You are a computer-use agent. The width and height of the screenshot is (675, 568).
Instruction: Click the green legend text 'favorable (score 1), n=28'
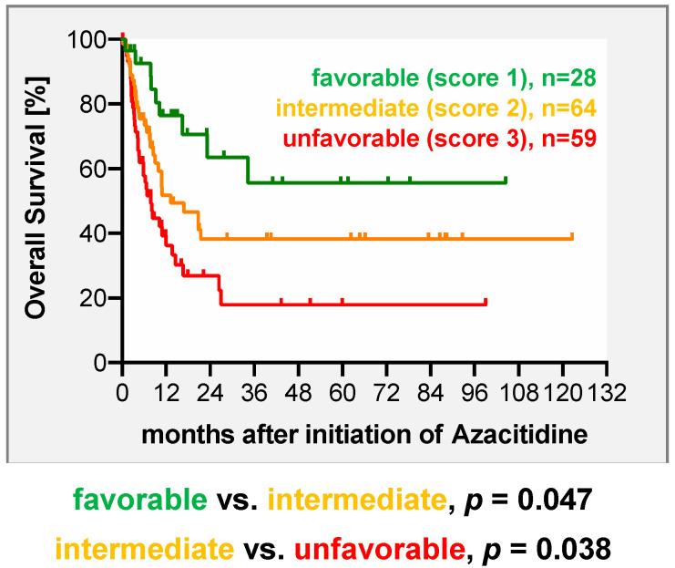pyautogui.click(x=453, y=79)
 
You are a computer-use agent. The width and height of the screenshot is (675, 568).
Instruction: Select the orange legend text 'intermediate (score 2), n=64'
pyautogui.click(x=436, y=109)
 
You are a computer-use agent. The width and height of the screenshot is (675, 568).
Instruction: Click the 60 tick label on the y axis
pyautogui.click(x=97, y=170)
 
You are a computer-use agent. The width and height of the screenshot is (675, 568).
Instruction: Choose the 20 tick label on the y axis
pyautogui.click(x=97, y=298)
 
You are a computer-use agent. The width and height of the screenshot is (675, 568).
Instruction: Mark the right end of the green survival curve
pyautogui.click(x=506, y=181)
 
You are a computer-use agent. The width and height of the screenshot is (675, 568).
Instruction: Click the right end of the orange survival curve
pyautogui.click(x=572, y=237)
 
